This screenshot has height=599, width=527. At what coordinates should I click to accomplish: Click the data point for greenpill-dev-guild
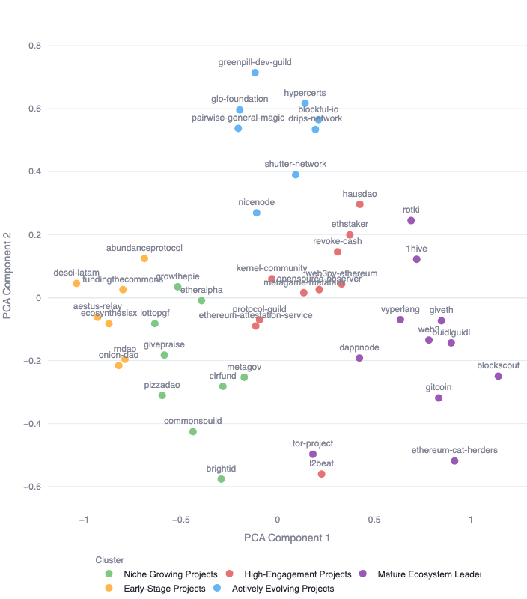point(255,73)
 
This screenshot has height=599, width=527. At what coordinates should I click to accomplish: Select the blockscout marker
point(499,376)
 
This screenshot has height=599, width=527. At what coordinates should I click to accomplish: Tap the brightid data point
point(221,479)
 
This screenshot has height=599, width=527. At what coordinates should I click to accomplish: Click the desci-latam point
point(76,284)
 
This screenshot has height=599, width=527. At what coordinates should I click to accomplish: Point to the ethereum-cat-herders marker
point(454,461)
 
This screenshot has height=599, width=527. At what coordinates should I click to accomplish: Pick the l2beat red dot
point(322,474)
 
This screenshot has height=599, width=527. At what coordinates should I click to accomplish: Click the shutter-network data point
point(296,174)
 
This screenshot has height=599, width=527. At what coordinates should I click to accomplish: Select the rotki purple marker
point(411,221)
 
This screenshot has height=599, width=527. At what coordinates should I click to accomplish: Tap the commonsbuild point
point(193,431)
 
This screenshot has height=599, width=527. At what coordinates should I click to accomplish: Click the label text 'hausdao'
point(359,194)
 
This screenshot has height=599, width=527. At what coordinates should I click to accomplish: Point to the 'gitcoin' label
point(438,387)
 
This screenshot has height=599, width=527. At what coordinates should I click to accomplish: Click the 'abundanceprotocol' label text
point(144,248)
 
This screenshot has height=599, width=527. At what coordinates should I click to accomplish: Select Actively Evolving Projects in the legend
point(283,589)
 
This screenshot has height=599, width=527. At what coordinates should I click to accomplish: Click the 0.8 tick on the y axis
point(34,46)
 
